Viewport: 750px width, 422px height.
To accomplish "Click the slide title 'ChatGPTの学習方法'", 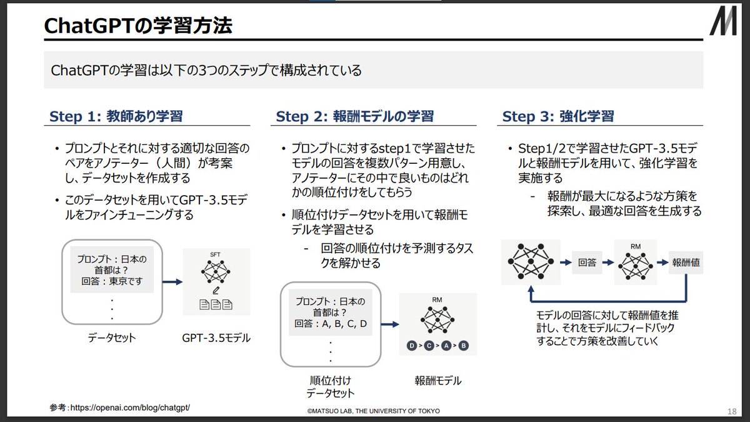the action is (138, 26).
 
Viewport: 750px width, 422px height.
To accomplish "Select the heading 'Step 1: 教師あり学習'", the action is (116, 116).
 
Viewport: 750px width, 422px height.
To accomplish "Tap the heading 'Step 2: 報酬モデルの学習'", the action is (354, 116).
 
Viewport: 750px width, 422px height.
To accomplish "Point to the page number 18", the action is (732, 411).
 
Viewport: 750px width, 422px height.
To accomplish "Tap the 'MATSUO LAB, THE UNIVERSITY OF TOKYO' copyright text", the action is (373, 411).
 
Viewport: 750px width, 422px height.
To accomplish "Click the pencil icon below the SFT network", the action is (216, 290).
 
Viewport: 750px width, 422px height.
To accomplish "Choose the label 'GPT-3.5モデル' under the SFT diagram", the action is (216, 338).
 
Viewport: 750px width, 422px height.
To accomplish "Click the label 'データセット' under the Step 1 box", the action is (112, 338).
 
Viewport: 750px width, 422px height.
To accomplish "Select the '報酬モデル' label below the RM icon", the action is (437, 380).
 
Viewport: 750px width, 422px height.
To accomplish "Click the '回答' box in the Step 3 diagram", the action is (587, 263).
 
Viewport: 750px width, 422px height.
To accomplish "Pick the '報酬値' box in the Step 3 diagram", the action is (686, 263).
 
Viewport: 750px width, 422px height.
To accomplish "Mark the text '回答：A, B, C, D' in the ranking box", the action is (331, 324).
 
